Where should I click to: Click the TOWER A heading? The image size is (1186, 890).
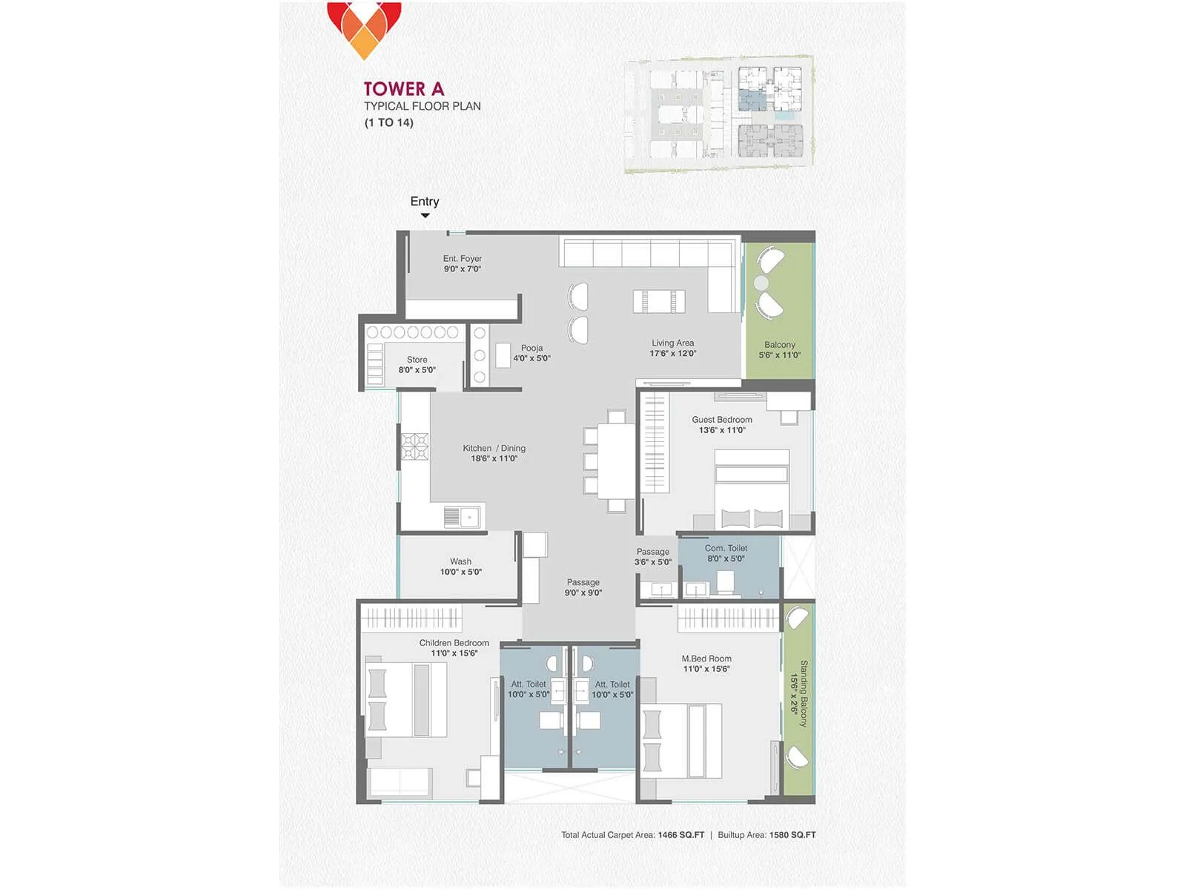click(x=404, y=89)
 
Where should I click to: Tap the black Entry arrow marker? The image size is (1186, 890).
click(x=425, y=216)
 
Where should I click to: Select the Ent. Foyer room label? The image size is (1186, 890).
click(x=462, y=259)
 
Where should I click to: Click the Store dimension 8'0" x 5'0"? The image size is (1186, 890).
click(x=417, y=370)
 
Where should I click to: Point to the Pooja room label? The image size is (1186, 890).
click(x=531, y=348)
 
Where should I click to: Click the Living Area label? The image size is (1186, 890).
click(x=672, y=343)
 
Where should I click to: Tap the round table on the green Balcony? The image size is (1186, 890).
click(x=761, y=283)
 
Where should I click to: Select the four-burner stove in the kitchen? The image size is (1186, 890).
click(x=414, y=447)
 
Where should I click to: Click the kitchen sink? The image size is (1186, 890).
click(x=461, y=516)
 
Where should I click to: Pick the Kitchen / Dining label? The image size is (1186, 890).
click(x=494, y=449)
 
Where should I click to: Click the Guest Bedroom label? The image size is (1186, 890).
click(x=721, y=420)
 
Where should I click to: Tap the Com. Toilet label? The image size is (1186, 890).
click(x=726, y=549)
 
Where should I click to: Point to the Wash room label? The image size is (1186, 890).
click(x=460, y=562)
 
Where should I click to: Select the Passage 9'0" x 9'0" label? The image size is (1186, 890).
click(x=583, y=587)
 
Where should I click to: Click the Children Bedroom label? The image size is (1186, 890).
click(x=454, y=643)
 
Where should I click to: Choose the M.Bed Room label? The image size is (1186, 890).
click(x=706, y=659)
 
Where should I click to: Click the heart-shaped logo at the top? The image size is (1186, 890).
click(x=364, y=28)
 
